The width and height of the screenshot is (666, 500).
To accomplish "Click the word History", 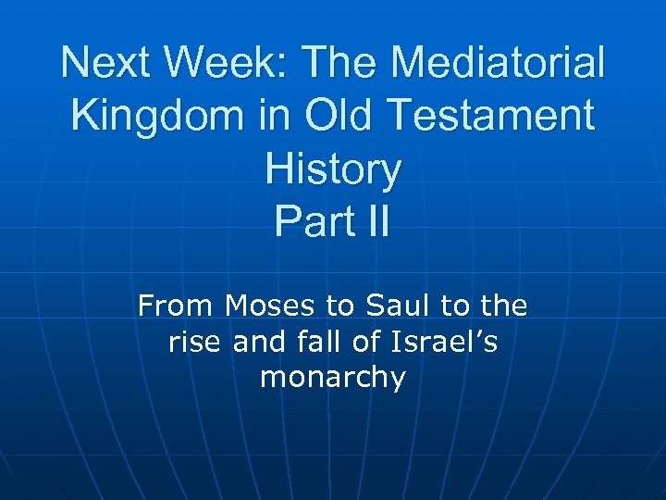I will [333, 169].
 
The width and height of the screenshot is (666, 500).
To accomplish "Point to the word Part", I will [311, 222].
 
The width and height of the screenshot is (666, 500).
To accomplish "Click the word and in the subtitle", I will [258, 343].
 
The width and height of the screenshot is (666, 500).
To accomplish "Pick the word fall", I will [318, 343].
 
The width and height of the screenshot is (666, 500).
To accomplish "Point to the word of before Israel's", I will [367, 343].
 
